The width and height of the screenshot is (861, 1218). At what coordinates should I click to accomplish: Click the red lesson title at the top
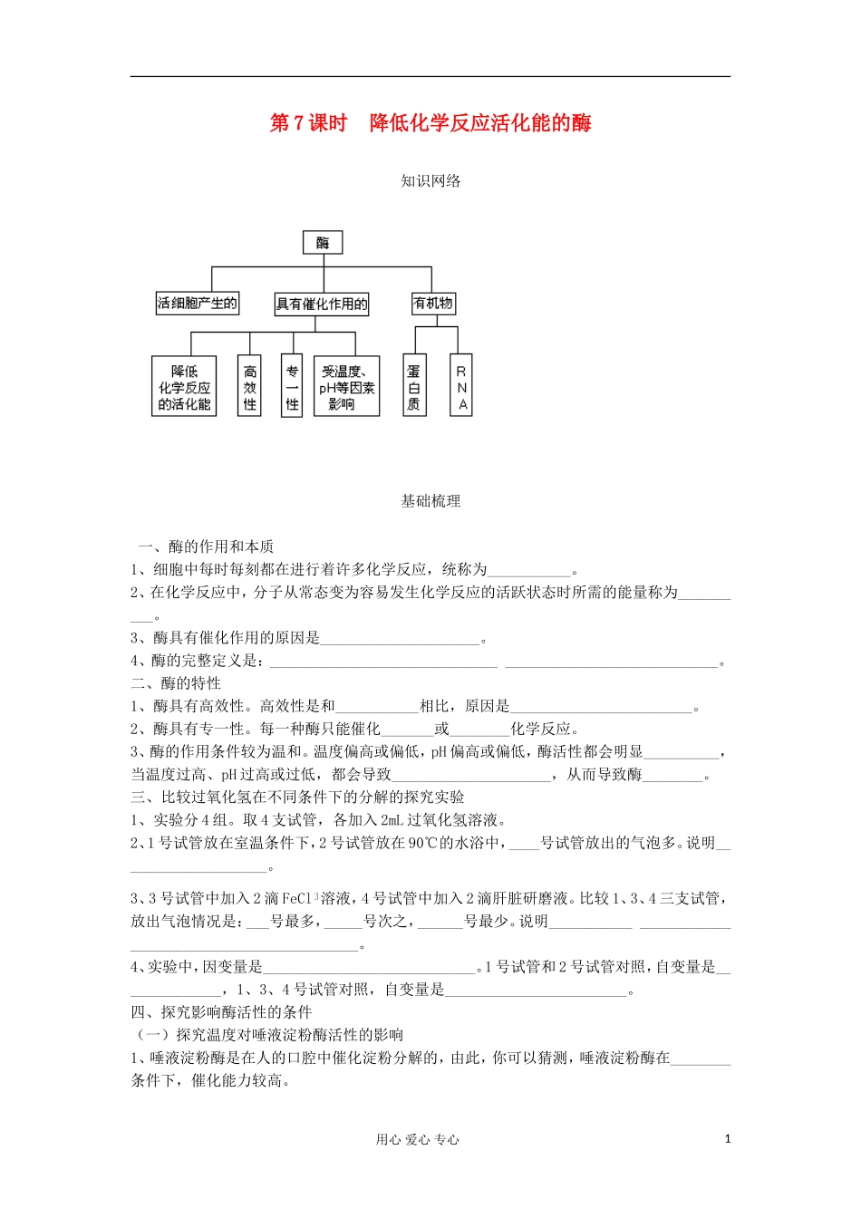pos(430,123)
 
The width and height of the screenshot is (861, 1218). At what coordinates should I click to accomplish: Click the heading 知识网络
pos(430,180)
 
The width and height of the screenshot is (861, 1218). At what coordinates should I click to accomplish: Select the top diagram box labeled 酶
pos(323,242)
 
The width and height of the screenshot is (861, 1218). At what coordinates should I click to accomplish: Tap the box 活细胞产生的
pos(198,304)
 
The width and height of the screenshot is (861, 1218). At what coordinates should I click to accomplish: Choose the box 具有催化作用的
pos(322,304)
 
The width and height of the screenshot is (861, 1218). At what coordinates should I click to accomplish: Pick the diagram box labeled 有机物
pos(432,304)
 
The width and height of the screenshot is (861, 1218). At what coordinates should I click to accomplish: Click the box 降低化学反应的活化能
pos(184,387)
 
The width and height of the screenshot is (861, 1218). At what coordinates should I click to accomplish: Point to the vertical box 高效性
pos(250,387)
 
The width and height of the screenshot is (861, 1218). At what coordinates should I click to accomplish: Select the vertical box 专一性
pos(292,387)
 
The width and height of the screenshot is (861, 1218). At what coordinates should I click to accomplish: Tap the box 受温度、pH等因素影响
pos(346,387)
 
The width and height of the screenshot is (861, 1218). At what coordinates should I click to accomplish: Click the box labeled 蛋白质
pos(414,387)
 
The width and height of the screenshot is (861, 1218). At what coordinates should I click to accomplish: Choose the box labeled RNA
pos(461,387)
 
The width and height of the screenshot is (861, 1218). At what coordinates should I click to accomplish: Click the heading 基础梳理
pos(430,500)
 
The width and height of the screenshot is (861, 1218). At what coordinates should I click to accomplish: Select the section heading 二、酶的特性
pos(176,683)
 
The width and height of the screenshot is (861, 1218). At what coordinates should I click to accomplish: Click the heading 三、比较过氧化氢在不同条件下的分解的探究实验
pos(297,797)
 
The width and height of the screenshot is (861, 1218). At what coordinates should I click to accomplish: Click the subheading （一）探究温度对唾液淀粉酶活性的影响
pos(268,1034)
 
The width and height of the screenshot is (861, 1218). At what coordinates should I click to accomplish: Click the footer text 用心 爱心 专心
pos(417,1139)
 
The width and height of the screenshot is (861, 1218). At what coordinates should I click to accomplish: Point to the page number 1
pos(727,1138)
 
